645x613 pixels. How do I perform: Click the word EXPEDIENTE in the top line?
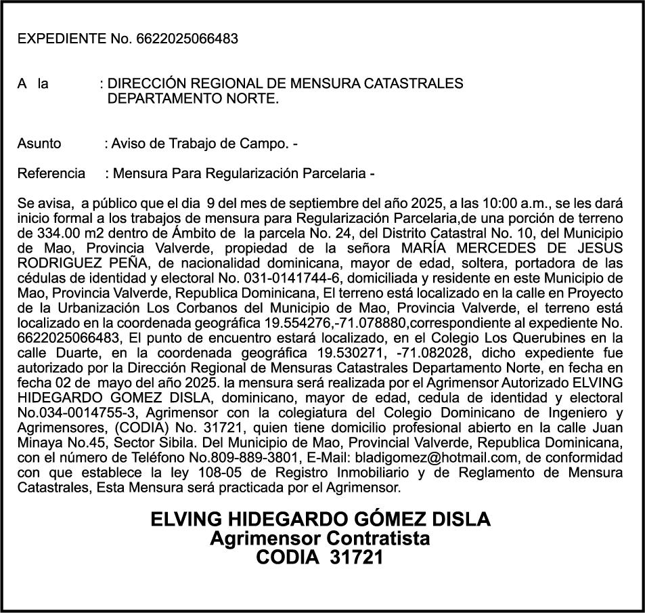[62, 39]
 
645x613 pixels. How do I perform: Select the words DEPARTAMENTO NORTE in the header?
[193, 99]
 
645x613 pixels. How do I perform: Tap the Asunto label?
[39, 144]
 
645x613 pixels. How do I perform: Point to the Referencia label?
[51, 174]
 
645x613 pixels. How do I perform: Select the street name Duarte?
[71, 352]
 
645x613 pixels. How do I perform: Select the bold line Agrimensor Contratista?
[319, 538]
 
